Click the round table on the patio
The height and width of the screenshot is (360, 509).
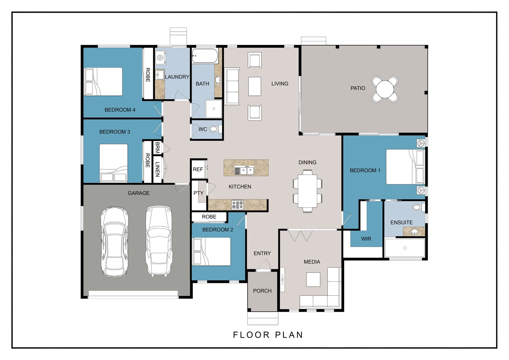[x=385, y=89]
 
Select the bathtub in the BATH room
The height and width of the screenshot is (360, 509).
[x=205, y=56]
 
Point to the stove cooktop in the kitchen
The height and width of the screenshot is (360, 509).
[x=237, y=205]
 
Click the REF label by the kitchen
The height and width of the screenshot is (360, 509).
[x=198, y=169]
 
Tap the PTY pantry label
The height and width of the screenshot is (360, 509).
[x=199, y=193]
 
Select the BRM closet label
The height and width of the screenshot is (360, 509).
[x=157, y=148]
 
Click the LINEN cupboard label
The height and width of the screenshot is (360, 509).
[x=157, y=169]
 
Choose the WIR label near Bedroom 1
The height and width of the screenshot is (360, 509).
[x=366, y=239]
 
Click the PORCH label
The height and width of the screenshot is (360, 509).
[x=262, y=291]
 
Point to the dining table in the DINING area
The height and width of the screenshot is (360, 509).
[x=307, y=191]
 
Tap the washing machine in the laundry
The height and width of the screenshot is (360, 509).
[x=160, y=57]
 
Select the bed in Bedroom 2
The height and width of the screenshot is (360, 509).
[x=212, y=252]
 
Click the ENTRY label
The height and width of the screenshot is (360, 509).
[x=262, y=253]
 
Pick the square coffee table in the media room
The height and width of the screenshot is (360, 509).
[x=313, y=279]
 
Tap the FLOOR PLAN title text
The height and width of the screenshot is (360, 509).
[x=268, y=335]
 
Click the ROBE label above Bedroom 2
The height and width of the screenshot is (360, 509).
[x=209, y=217]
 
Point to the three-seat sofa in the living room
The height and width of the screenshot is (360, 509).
[x=232, y=86]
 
